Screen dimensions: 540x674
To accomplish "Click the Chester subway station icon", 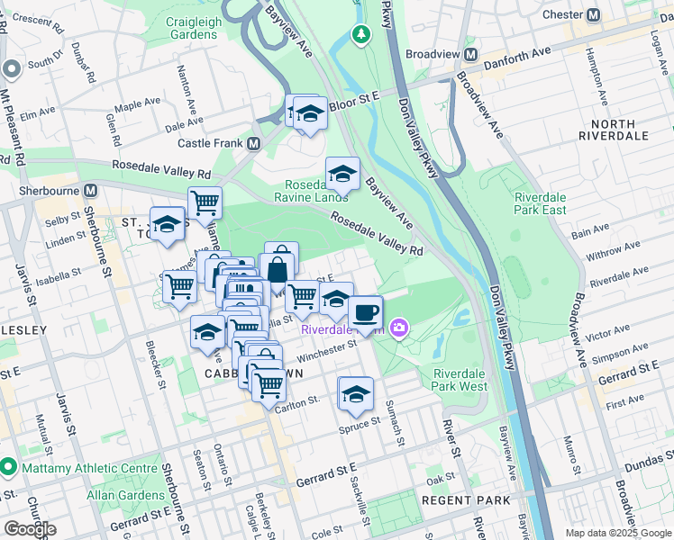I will tap(594, 15).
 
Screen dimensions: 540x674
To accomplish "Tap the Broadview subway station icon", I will tap(469, 54).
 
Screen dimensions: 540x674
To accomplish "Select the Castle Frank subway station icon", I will tap(254, 143).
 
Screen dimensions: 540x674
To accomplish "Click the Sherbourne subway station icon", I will tap(90, 191).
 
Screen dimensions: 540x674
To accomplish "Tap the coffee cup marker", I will tap(365, 313).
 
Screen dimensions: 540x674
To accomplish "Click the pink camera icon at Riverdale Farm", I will tap(398, 328).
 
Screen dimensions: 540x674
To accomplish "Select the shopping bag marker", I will tap(280, 268).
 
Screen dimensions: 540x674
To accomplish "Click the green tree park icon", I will tap(360, 35).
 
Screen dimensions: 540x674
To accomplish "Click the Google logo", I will tap(30, 529).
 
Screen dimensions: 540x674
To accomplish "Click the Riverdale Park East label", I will tap(540, 203).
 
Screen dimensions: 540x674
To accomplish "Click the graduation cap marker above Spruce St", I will tap(356, 393).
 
